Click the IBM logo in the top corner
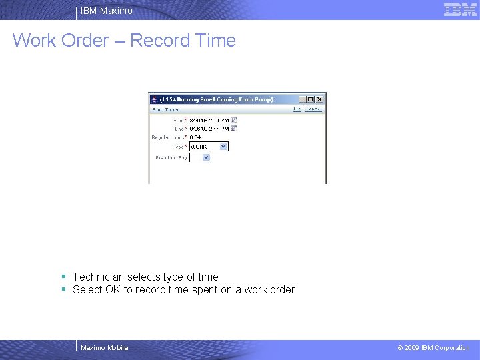460,10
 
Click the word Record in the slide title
160,41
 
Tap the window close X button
320,99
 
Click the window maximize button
311,99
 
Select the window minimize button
303,99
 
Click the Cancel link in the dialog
313,109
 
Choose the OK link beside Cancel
297,109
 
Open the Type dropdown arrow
223,146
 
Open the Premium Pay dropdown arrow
206,158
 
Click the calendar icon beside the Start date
235,120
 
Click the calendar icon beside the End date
235,128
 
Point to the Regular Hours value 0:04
196,137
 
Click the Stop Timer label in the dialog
166,109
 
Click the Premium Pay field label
171,158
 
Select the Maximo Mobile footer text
104,347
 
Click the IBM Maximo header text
107,11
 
